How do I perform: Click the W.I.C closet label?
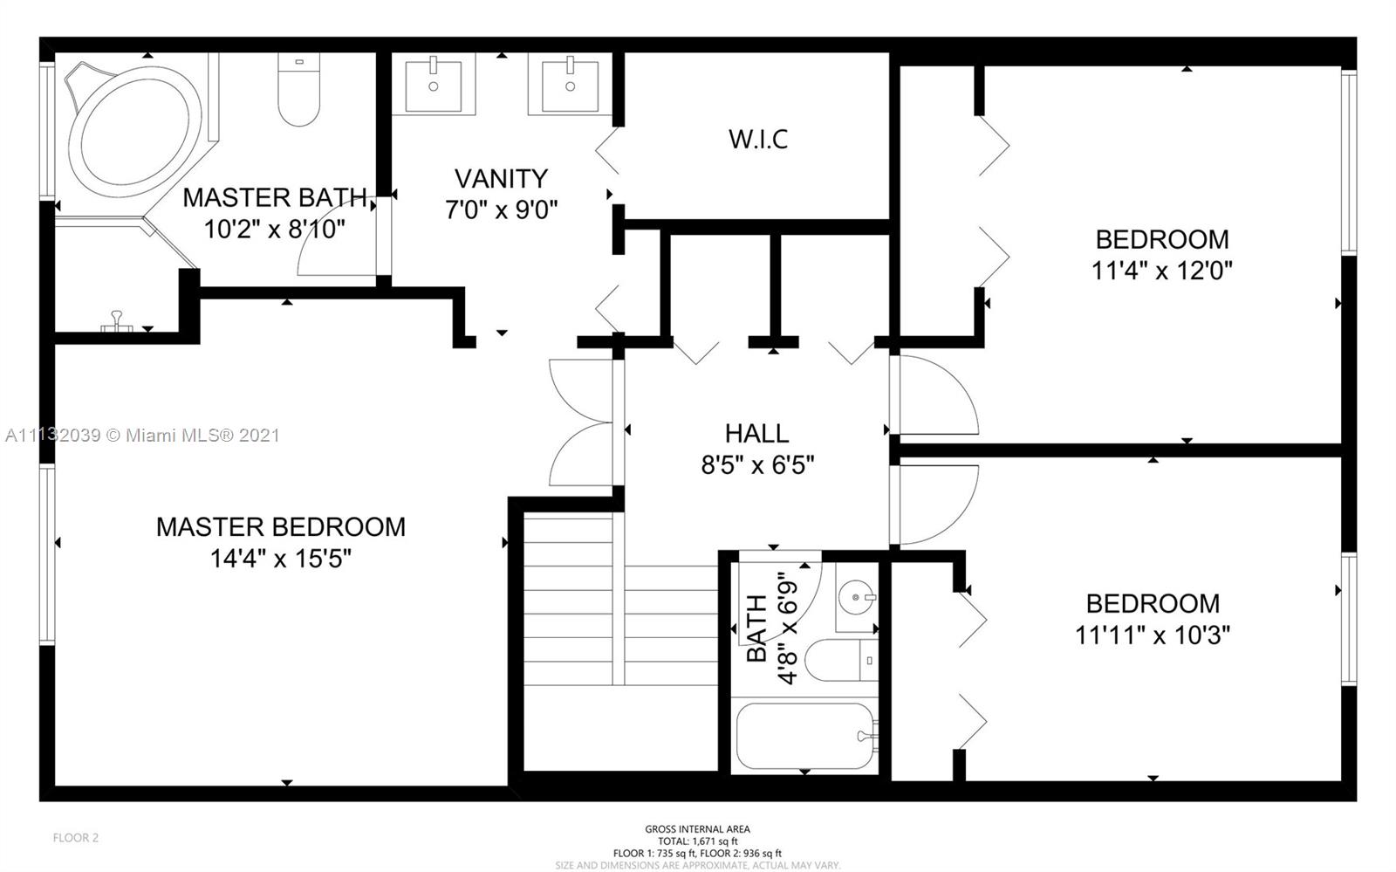758,139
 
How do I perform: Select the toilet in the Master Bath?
299,89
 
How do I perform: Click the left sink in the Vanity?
434,84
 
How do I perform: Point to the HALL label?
756,433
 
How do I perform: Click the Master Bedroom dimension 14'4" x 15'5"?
280,559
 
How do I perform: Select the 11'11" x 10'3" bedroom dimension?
1153,635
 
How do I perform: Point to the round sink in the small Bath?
857,598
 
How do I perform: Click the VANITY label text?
501,179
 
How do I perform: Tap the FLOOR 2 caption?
75,838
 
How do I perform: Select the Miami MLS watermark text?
143,435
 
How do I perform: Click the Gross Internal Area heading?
697,829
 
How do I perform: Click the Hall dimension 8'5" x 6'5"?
757,465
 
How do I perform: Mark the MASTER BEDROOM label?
280,526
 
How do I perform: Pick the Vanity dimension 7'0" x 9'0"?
501,210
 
